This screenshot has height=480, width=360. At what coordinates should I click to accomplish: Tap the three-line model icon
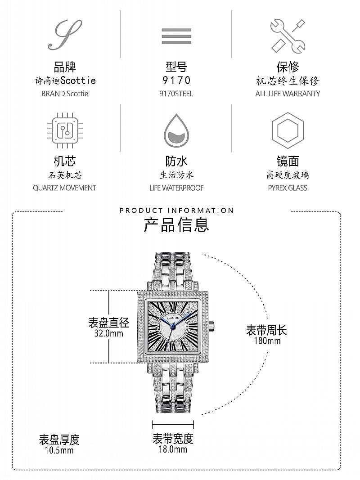point(176,36)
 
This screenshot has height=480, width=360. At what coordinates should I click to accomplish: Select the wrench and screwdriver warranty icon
point(288,36)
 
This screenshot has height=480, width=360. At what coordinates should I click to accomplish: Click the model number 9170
point(176,80)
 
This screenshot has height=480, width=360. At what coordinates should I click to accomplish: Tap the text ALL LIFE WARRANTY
point(288,94)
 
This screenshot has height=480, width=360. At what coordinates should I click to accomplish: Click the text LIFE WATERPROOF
point(176,188)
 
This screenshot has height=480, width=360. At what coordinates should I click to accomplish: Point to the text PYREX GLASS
point(288,188)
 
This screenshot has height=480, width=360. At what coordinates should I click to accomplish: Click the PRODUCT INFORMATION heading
point(176,210)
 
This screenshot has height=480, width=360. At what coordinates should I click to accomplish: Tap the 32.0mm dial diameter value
point(108,333)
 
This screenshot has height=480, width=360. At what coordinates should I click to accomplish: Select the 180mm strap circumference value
point(267,341)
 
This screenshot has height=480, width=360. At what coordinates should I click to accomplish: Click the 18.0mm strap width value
point(173,449)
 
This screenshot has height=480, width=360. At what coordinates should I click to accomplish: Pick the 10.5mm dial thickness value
point(59,450)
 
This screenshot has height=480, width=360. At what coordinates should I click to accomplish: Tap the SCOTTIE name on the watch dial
point(173,318)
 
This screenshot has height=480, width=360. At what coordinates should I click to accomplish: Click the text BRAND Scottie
point(65,94)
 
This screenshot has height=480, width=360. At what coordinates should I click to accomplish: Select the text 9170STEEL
point(176,94)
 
